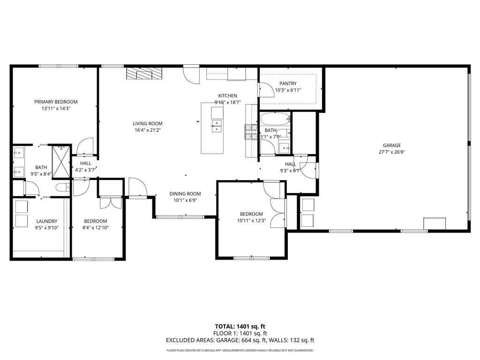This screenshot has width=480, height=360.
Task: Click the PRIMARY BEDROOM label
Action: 56,102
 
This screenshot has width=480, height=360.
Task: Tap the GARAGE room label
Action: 391,145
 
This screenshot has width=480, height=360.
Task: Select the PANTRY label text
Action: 288,83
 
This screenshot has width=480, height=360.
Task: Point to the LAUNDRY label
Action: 47,221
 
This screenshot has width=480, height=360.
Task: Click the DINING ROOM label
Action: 185,194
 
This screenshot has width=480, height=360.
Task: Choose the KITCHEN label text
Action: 227,96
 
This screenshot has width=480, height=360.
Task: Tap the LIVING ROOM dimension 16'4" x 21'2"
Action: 148,130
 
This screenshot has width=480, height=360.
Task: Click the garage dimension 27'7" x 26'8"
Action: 392,152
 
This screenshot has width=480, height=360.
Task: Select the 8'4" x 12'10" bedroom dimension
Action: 96,227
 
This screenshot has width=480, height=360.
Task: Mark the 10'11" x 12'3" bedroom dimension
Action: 251,220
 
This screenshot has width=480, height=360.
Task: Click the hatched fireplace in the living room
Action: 144,74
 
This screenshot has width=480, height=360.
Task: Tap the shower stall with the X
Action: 61,162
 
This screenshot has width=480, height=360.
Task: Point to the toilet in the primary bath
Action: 63,187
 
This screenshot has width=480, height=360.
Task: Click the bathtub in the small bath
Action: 275,119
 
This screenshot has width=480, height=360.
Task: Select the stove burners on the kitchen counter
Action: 251,132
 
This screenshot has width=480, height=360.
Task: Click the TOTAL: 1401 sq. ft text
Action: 240,327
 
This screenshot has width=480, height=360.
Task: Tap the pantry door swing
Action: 267,90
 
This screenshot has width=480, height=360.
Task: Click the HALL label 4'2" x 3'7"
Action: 85,166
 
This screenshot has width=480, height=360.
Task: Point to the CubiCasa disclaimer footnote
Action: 240,350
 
